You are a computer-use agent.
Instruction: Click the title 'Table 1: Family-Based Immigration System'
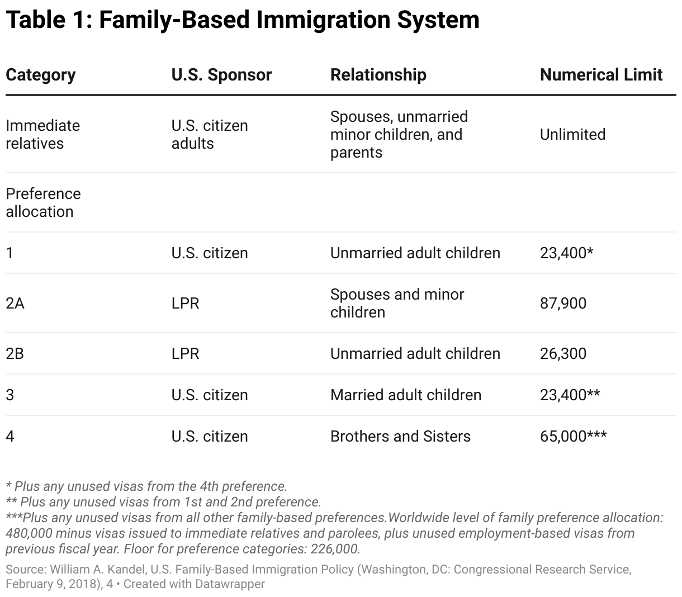[242, 20]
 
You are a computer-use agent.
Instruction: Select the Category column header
[40, 75]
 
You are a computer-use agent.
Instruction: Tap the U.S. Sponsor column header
[221, 75]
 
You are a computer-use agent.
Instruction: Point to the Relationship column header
[378, 75]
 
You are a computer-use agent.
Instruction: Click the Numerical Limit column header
[601, 75]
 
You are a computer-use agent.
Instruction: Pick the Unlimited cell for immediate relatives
[572, 135]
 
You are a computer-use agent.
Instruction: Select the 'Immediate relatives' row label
[42, 135]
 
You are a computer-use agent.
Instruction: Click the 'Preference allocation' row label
[43, 203]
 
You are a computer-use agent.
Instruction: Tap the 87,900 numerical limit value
[563, 304]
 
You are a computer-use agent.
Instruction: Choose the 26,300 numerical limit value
[563, 354]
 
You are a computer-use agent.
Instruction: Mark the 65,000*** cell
[573, 437]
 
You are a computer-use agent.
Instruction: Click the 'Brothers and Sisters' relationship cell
[400, 437]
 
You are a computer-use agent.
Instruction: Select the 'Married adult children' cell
[405, 395]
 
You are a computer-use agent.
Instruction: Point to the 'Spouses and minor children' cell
[397, 304]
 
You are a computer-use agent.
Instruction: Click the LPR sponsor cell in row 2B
[185, 354]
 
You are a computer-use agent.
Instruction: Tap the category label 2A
[15, 304]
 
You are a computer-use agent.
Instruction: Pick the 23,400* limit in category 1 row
[566, 253]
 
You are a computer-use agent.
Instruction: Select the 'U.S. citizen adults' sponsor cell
[210, 135]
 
